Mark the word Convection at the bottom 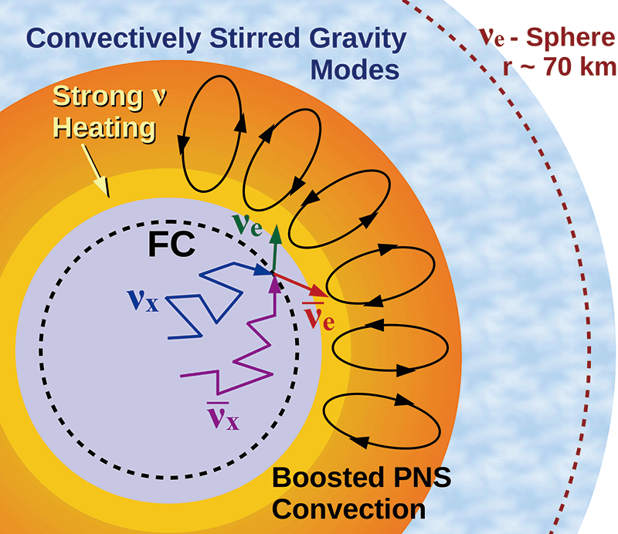tap(348, 509)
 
